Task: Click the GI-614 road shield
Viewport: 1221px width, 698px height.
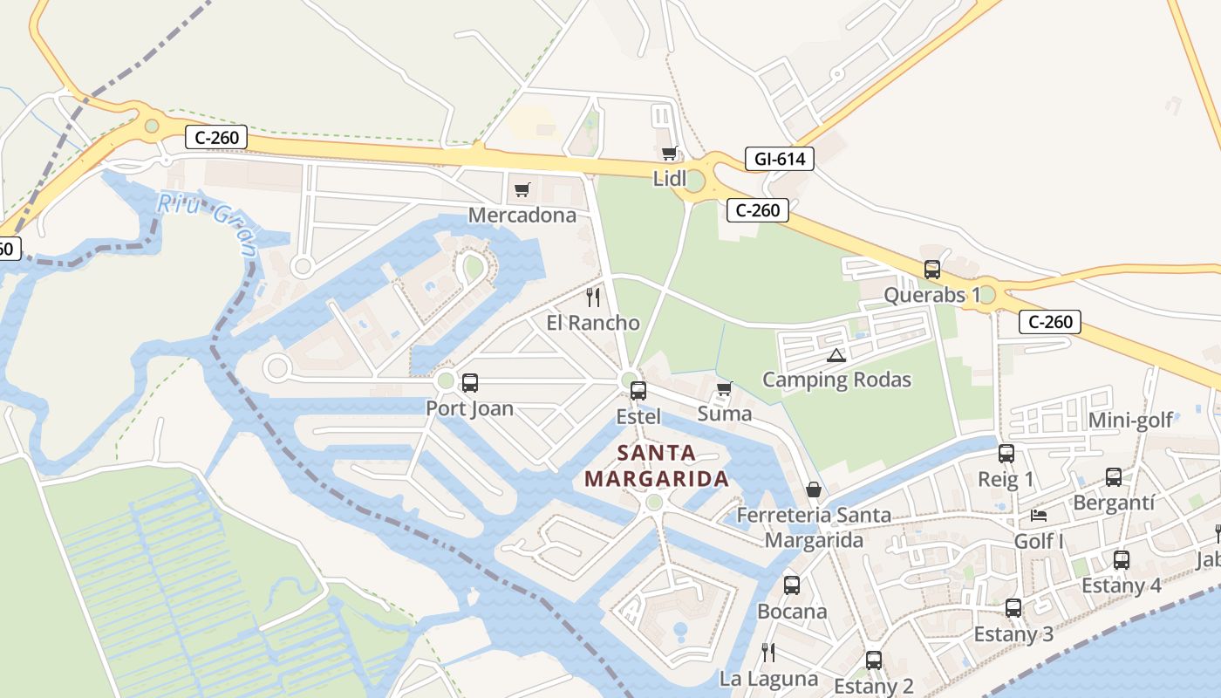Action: tap(779, 159)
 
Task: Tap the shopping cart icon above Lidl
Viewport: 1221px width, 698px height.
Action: tap(669, 154)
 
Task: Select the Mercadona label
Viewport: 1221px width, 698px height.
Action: tap(522, 215)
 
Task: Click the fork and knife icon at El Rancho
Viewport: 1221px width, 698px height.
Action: tap(593, 298)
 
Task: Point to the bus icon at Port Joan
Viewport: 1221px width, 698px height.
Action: tap(469, 382)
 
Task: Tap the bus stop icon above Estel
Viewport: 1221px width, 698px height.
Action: tap(638, 390)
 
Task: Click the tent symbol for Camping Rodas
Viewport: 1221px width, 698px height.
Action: tap(836, 355)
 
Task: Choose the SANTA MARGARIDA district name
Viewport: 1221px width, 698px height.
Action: tap(657, 466)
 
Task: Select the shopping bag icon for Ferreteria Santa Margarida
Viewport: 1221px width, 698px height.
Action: tap(813, 489)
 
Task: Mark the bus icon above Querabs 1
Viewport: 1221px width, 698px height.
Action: tap(932, 269)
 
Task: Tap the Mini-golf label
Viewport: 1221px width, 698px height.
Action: tap(1130, 421)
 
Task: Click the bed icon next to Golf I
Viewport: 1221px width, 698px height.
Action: tap(1038, 515)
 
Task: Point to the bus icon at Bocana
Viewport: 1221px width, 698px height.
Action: tap(792, 585)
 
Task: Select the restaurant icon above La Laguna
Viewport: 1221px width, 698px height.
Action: tap(768, 652)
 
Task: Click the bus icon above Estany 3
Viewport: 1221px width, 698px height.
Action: tap(1013, 607)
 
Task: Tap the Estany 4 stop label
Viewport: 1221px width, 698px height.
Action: tap(1122, 585)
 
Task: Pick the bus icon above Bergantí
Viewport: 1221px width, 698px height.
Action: tap(1114, 476)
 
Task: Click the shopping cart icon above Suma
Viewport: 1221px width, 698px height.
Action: tap(724, 388)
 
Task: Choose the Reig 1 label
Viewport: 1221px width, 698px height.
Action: tap(1006, 479)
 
